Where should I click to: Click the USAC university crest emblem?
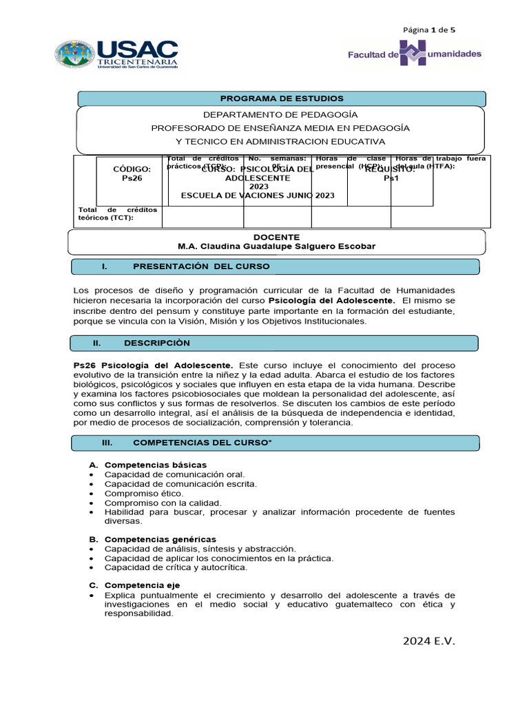pyautogui.click(x=76, y=54)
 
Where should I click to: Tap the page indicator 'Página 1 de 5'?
pyautogui.click(x=429, y=30)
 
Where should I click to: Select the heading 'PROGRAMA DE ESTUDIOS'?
pyautogui.click(x=281, y=98)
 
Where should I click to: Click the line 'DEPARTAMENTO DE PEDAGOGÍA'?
pyautogui.click(x=280, y=114)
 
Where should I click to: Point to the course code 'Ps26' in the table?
pyautogui.click(x=132, y=178)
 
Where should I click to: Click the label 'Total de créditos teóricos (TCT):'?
pyautogui.click(x=118, y=213)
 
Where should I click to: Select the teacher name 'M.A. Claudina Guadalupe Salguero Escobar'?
pyautogui.click(x=276, y=246)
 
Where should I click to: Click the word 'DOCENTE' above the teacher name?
pyautogui.click(x=276, y=237)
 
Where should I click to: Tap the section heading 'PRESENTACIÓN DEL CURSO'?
pyautogui.click(x=201, y=266)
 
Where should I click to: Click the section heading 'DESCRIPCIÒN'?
pyautogui.click(x=156, y=343)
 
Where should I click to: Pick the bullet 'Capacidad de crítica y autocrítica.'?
pyautogui.click(x=176, y=567)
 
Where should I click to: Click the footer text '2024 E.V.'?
pyautogui.click(x=429, y=642)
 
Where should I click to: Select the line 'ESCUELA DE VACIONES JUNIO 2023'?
pyautogui.click(x=258, y=196)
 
